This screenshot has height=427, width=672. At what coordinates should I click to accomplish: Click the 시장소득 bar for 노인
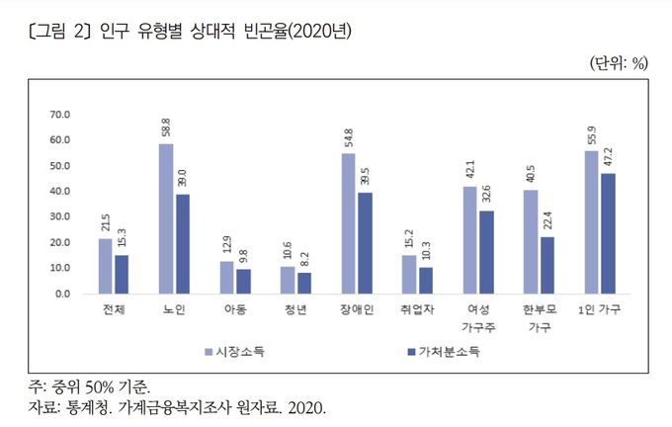tap(166, 218)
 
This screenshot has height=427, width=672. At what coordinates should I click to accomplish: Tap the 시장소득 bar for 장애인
tap(348, 223)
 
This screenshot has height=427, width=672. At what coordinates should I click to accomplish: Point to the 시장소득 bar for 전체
tap(105, 266)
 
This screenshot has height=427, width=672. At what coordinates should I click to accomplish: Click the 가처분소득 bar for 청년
tap(303, 283)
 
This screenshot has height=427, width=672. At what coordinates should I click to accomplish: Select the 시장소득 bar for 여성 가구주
tap(469, 239)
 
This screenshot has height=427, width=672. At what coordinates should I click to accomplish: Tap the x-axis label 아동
tap(234, 309)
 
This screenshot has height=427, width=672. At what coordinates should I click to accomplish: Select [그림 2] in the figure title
tap(58, 31)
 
